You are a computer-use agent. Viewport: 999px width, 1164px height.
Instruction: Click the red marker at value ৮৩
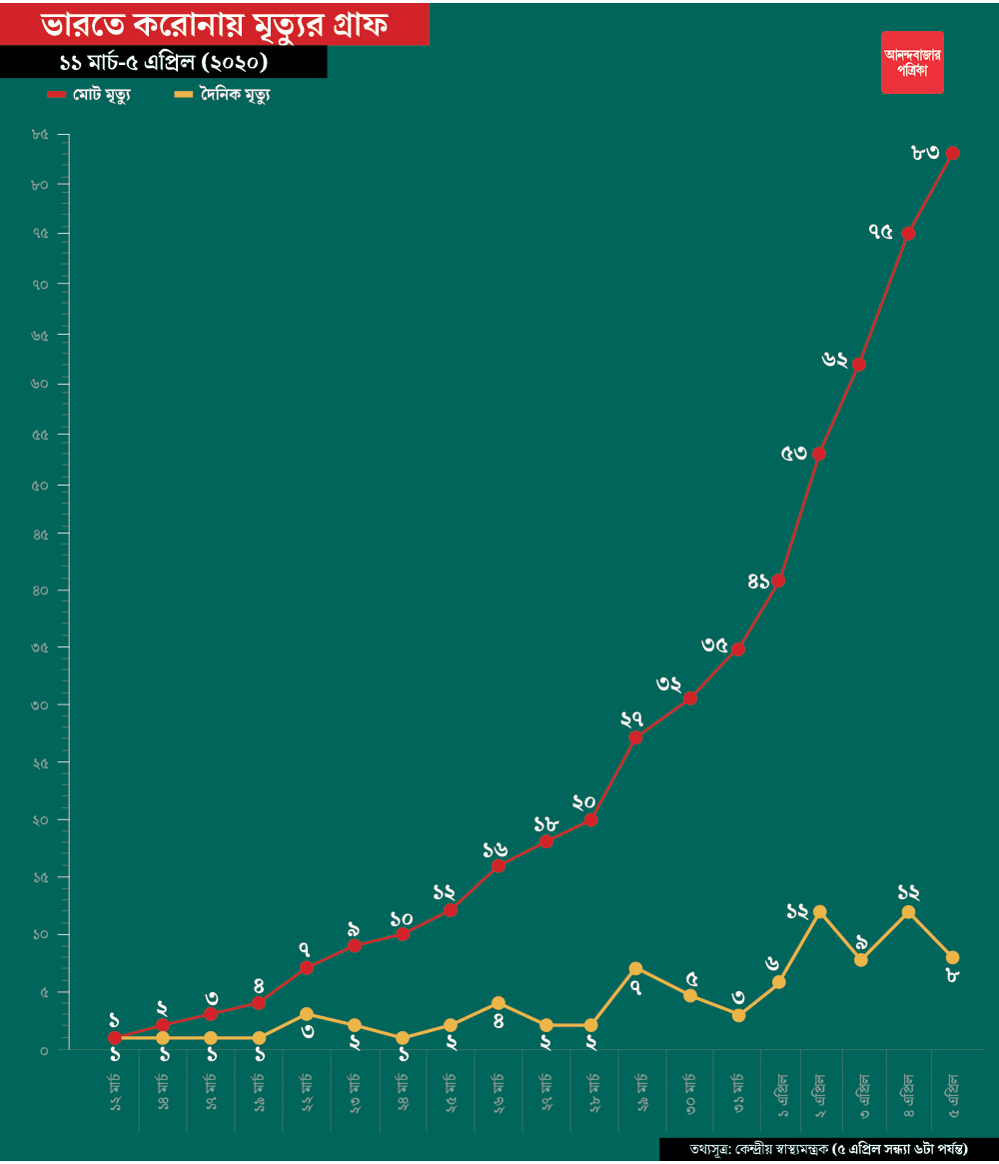952,153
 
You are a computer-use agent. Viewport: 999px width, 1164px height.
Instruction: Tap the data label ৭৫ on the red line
880,232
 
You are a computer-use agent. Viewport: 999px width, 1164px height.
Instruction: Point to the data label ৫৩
794,453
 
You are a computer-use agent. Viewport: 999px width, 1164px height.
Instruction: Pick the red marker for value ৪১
778,581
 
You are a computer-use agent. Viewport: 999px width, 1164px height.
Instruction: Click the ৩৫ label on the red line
714,644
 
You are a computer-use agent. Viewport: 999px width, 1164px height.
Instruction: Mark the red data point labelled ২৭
635,737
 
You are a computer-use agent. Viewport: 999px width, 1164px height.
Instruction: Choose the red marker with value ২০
590,819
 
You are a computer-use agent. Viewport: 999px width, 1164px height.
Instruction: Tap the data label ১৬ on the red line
495,849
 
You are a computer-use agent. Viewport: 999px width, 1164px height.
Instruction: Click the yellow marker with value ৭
635,968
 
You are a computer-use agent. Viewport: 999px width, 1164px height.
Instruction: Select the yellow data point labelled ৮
952,957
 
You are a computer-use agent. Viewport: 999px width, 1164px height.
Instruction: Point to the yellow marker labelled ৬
778,981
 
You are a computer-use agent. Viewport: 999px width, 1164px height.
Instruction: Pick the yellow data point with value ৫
690,995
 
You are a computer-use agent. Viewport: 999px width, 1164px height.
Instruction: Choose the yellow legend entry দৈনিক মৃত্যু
224,95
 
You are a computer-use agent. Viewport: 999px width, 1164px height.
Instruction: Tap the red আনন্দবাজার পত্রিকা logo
912,62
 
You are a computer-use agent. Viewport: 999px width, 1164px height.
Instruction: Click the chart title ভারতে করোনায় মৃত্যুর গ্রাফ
215,23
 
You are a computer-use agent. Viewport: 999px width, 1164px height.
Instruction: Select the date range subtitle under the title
163,62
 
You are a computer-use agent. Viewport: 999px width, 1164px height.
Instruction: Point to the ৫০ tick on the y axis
41,485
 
